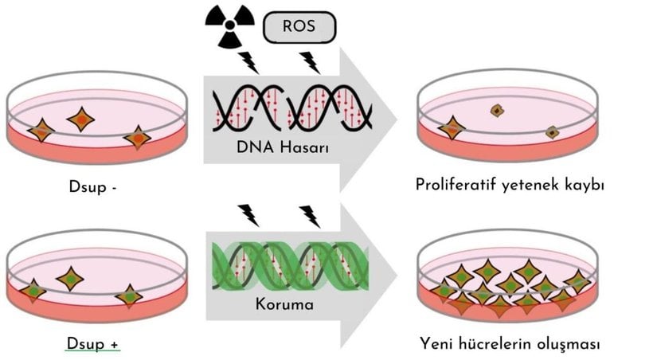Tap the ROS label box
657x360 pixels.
[x=299, y=26]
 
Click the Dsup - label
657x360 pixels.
[x=95, y=189]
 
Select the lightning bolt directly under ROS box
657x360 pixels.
[x=309, y=62]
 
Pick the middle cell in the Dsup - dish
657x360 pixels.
[x=80, y=119]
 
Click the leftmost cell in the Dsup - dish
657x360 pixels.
[x=40, y=130]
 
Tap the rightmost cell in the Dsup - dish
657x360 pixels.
[x=138, y=138]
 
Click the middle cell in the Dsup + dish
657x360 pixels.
[x=71, y=279]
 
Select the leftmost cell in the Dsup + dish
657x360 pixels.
[x=32, y=291]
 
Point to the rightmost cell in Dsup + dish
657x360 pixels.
[x=129, y=296]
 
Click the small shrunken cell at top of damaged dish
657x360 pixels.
[x=498, y=111]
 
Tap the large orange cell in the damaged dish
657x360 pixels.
[x=452, y=127]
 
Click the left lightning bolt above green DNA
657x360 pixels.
[x=248, y=214]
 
